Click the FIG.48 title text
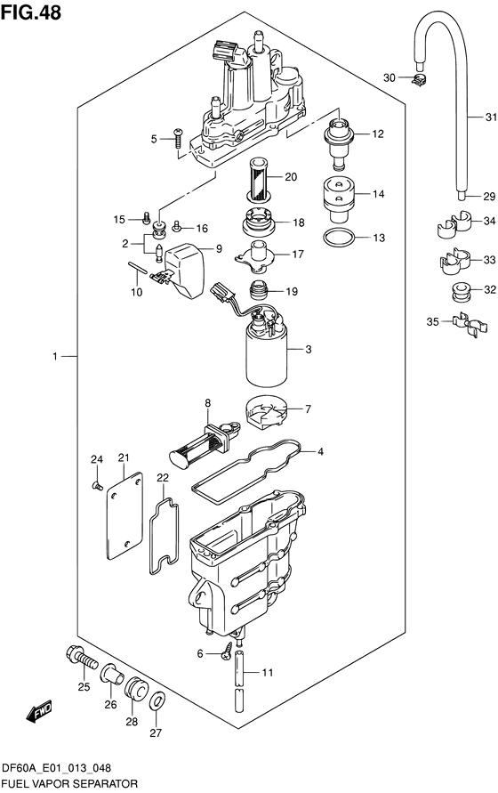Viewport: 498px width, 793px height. coord(31,12)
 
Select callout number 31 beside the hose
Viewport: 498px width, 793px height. coord(491,117)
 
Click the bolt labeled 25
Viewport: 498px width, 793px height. coord(81,659)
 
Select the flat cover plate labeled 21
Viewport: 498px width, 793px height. coord(125,515)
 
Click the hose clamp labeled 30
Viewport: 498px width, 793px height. coord(419,78)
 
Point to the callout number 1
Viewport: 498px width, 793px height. coord(55,357)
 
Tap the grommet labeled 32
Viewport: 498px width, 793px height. coord(461,292)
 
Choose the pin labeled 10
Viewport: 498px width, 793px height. coord(138,268)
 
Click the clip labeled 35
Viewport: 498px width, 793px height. coord(470,327)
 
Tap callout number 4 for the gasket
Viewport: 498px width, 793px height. coord(320,451)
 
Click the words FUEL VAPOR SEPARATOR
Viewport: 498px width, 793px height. coord(70,783)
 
